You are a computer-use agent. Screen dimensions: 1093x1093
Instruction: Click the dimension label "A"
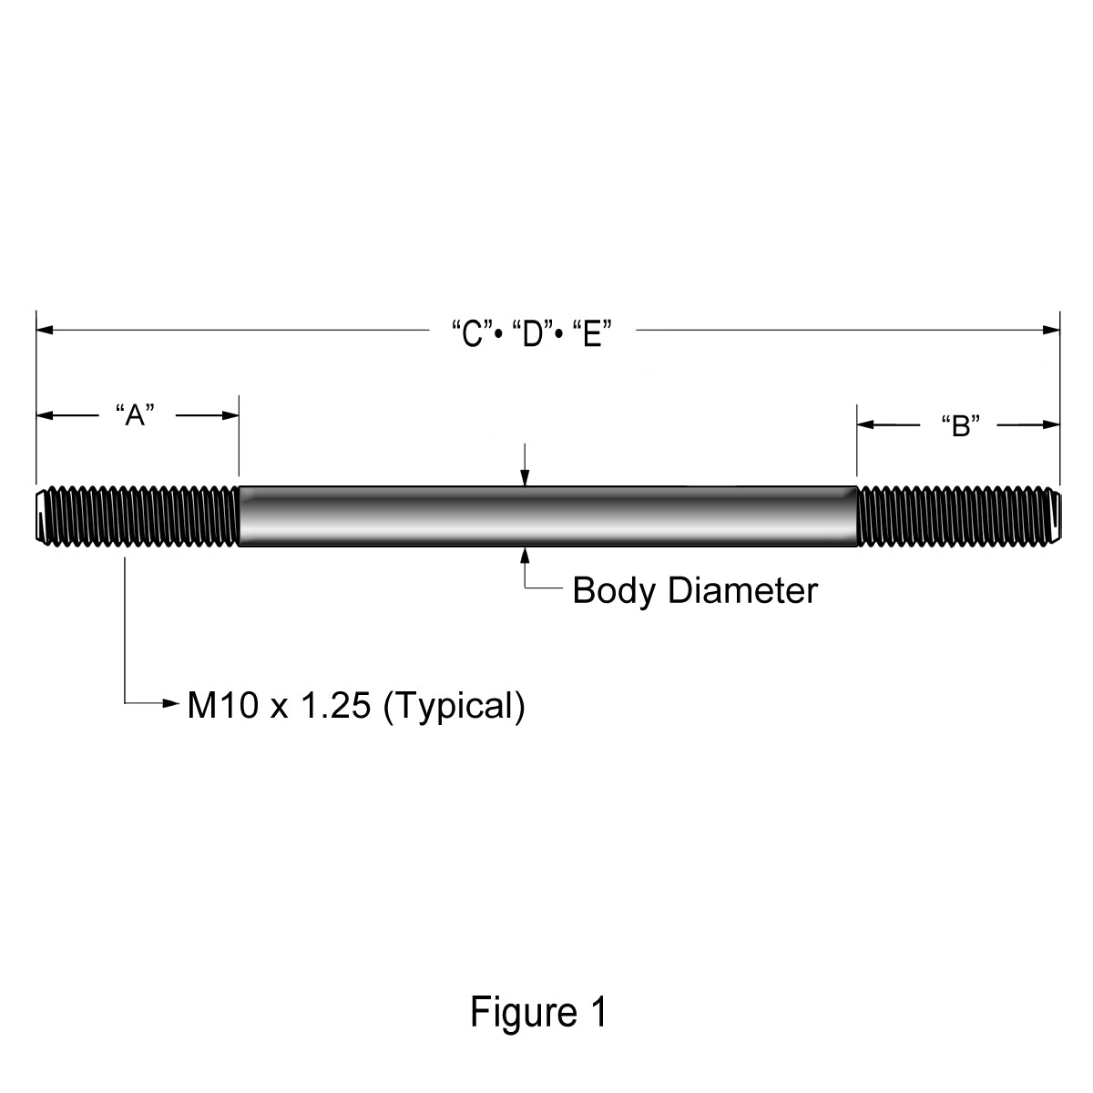tap(135, 415)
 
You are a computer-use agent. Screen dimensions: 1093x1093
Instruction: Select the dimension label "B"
tap(961, 425)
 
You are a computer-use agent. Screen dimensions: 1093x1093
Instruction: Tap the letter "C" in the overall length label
tap(472, 333)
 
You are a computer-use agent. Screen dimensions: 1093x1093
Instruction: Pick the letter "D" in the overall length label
tap(533, 333)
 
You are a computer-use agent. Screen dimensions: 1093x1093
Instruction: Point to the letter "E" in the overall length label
tap(592, 333)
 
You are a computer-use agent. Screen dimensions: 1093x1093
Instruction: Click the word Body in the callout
tap(614, 592)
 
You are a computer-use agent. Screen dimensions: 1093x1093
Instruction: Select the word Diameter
tap(743, 590)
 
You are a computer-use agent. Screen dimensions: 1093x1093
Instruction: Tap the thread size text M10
tap(223, 706)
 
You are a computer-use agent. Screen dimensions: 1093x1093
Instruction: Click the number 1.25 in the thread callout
tap(335, 706)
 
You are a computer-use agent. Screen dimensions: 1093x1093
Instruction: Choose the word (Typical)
tap(455, 708)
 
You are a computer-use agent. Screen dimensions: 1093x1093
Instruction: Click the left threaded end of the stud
tap(138, 516)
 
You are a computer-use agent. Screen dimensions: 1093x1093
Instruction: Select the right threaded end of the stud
tap(958, 516)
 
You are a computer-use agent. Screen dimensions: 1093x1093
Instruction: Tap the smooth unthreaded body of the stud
tap(548, 516)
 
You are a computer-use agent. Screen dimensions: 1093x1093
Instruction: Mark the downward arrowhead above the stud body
tap(525, 477)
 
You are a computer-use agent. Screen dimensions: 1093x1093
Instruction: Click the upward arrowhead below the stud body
tap(525, 556)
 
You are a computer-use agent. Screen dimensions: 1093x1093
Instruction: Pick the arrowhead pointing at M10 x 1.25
tap(170, 703)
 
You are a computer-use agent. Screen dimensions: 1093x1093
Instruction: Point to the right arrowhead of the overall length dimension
tap(1051, 330)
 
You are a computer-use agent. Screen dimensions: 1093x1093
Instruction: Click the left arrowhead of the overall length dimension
tap(45, 330)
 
